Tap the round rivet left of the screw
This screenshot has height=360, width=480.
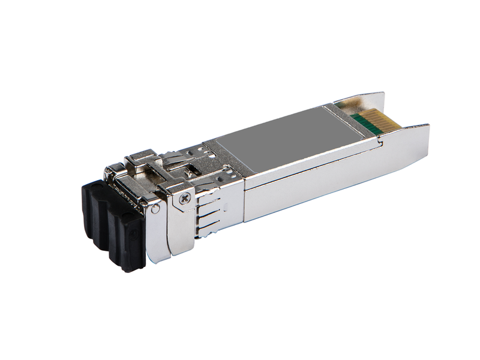coord(156,208)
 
